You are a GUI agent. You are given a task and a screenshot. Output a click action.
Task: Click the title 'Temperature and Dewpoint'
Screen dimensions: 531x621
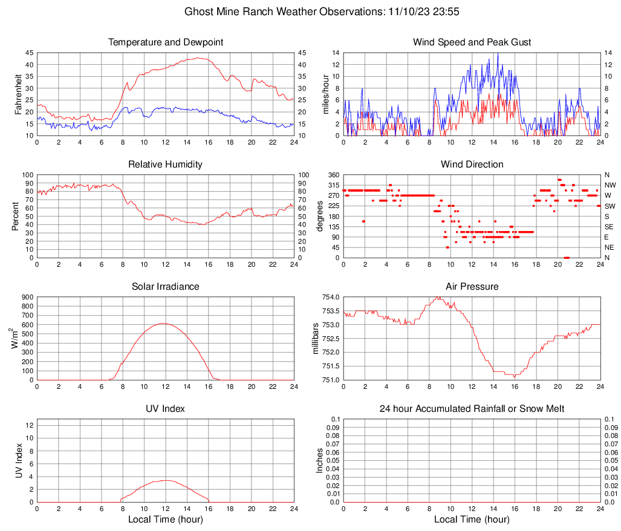coord(165,42)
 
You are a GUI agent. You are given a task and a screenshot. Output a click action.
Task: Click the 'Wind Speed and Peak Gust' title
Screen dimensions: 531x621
coord(472,42)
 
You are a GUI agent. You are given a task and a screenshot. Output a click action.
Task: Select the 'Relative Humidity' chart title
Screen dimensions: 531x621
coord(165,165)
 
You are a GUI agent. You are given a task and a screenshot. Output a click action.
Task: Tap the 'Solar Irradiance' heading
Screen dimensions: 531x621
coord(165,286)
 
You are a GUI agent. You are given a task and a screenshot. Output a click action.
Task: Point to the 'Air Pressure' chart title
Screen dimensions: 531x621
coord(472,286)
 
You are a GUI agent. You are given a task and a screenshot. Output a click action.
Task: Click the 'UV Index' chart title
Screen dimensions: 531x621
coord(165,409)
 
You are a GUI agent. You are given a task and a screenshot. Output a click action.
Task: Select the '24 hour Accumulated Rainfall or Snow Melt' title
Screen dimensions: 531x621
coord(472,409)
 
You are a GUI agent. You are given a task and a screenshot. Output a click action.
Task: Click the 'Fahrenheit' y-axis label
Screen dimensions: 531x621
coord(18,94)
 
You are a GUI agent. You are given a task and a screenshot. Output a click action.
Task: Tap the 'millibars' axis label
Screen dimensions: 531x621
coord(315,337)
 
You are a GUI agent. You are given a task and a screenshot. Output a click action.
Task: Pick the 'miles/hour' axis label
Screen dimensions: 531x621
coord(327,94)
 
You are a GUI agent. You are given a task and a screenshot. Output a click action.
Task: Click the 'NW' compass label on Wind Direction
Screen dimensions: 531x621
coord(610,185)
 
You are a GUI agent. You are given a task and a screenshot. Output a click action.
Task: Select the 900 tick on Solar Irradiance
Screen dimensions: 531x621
coord(26,297)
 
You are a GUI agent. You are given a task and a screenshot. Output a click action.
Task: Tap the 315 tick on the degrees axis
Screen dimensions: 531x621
coord(332,185)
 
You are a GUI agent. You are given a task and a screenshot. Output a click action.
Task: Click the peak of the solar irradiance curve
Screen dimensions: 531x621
coord(163,324)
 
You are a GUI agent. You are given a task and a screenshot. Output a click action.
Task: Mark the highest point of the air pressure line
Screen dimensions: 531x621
coord(437,297)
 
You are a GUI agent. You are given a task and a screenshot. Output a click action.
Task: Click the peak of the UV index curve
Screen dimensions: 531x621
coord(166,480)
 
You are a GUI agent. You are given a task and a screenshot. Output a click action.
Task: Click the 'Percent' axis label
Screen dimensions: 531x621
coord(16,216)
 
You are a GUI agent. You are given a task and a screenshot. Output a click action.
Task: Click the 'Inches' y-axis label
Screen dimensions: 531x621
coord(320,460)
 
